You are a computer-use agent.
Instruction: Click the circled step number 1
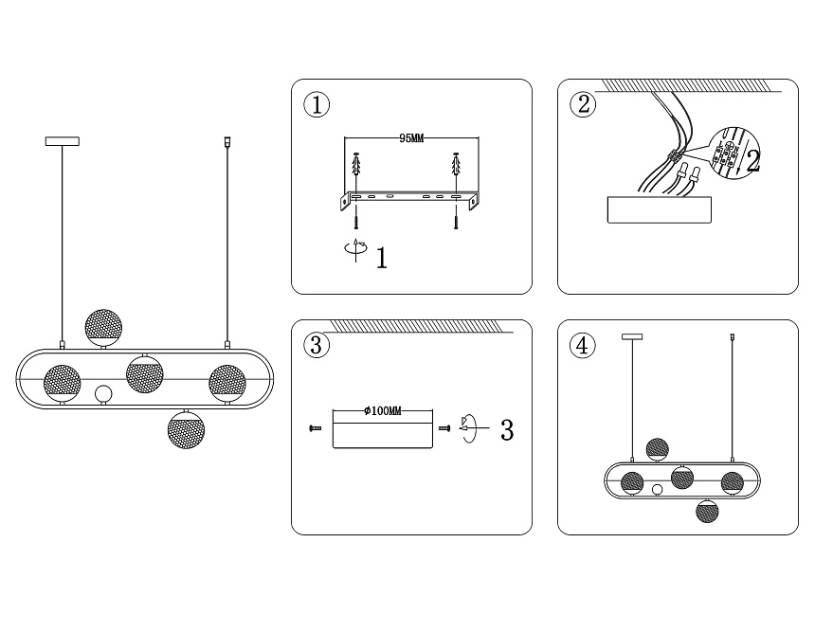[317, 104]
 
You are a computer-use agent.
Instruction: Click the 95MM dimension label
[410, 138]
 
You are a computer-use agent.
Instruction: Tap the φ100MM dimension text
[383, 411]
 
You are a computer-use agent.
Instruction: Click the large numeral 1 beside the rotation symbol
[382, 258]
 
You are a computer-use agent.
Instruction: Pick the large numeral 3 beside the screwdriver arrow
[506, 429]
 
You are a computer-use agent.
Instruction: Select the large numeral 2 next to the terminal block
[753, 162]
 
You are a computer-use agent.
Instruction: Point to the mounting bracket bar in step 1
[407, 197]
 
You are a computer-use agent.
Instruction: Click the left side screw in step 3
[316, 429]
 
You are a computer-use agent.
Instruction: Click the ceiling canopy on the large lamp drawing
[63, 141]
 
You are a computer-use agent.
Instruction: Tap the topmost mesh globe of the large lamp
[103, 325]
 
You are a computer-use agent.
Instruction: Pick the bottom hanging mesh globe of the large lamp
[186, 430]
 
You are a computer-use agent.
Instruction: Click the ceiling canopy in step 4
[631, 335]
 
